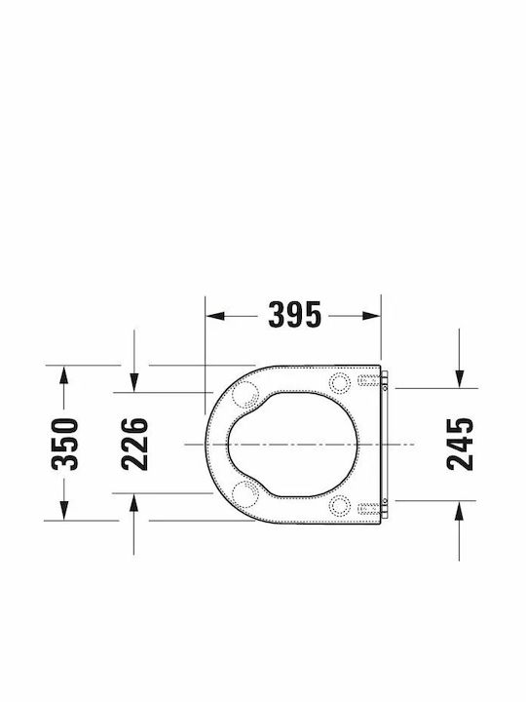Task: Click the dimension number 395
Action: (x=294, y=315)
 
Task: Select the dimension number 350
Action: (x=64, y=444)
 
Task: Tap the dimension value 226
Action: (x=134, y=444)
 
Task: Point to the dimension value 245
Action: (x=460, y=444)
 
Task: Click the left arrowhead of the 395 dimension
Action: (x=215, y=316)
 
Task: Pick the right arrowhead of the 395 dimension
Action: (x=372, y=316)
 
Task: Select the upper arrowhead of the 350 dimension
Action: (x=64, y=375)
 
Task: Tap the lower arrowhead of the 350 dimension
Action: (x=64, y=511)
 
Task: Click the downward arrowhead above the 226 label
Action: (x=133, y=383)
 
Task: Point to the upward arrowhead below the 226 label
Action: (x=133, y=503)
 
